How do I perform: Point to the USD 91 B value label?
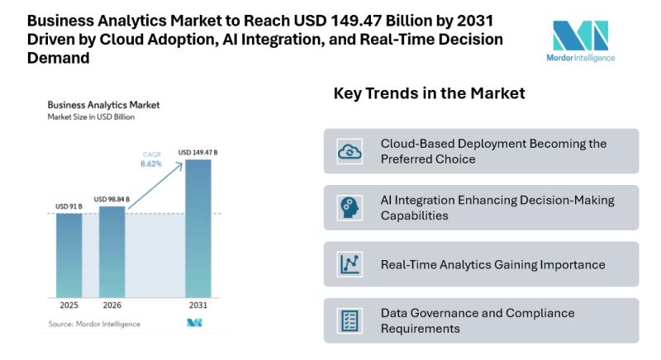tap(69, 206)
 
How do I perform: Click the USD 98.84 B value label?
tap(112, 199)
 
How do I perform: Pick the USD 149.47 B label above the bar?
tap(197, 152)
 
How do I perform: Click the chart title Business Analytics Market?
tap(103, 106)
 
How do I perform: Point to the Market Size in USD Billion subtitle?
tap(91, 117)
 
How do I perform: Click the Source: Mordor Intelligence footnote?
tap(93, 324)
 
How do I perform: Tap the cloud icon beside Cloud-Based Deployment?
tap(350, 151)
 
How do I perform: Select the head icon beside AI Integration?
tap(350, 208)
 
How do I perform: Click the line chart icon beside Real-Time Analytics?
tap(350, 264)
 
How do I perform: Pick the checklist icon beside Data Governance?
tap(350, 320)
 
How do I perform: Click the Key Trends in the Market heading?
tap(429, 93)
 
